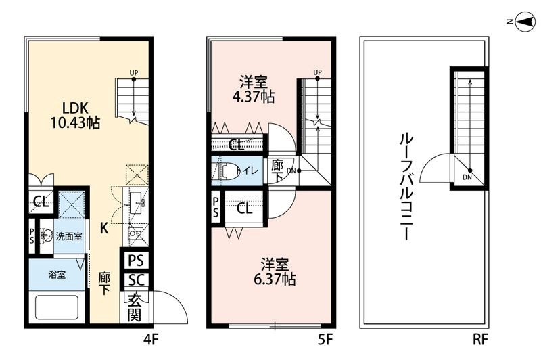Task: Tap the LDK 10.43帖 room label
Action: [x=75, y=116]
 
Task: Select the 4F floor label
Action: [x=149, y=337]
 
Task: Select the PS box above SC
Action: [x=135, y=260]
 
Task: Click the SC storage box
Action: [x=135, y=280]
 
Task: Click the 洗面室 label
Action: [x=68, y=236]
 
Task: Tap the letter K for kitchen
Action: [x=104, y=228]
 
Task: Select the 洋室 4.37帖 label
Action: [x=253, y=89]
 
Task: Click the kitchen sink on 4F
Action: [x=138, y=202]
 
